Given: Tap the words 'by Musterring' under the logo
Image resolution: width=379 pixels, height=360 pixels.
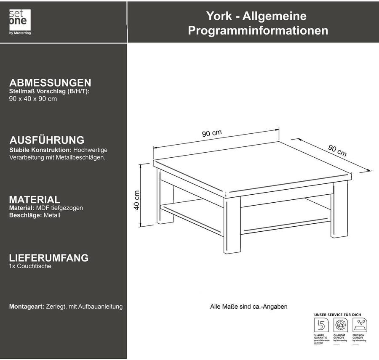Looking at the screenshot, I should tap(20, 33).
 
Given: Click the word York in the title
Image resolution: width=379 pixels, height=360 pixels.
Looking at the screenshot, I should tap(219, 16).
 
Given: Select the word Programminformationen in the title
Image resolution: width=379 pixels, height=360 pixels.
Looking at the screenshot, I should tap(258, 31).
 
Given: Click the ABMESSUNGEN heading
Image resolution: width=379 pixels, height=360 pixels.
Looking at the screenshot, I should tap(50, 82).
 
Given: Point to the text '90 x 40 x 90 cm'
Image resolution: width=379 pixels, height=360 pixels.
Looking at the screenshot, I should tap(33, 99).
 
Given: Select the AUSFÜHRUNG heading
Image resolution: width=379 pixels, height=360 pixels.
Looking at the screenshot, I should tap(47, 140).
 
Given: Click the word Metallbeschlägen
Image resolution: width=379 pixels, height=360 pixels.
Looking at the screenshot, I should tap(80, 157).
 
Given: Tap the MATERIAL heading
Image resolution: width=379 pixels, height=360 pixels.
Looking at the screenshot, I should tap(35, 200).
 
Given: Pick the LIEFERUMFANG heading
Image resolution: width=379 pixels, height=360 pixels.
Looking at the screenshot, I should tap(49, 258).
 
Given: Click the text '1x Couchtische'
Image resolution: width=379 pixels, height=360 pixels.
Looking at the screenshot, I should tap(30, 266).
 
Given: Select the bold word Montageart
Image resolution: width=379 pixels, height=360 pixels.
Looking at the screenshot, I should tap(27, 307).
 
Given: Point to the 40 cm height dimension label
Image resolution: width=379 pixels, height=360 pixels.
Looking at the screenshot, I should tap(137, 201).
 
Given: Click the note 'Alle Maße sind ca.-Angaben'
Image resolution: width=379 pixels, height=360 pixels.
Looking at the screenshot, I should tap(248, 307).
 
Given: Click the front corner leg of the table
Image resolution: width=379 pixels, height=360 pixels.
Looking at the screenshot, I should tap(232, 227).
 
